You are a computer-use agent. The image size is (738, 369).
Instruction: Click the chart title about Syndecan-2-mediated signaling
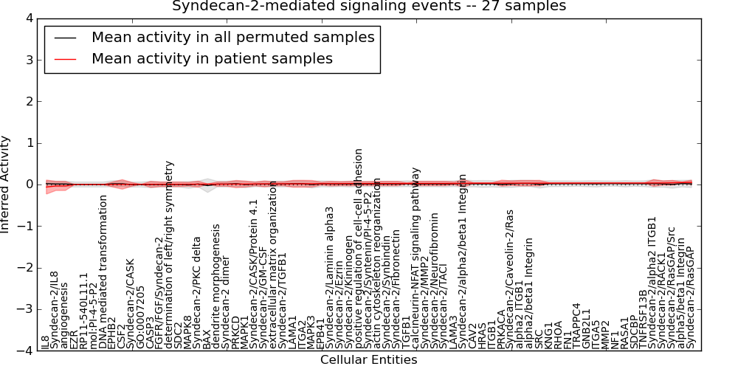coord(369,6)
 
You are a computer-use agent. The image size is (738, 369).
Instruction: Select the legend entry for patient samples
coord(212,58)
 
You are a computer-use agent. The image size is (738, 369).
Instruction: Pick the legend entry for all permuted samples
coord(232,37)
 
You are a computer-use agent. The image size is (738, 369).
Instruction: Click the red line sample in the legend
coord(65,58)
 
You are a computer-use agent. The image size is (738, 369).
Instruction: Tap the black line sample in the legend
coord(65,37)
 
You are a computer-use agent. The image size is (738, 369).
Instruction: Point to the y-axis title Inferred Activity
coord(6,184)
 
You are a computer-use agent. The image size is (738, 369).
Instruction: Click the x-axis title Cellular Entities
coord(368,360)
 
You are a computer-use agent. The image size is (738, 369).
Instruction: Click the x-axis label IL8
coord(45,341)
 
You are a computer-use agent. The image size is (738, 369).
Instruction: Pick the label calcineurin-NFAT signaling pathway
coord(416,258)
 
